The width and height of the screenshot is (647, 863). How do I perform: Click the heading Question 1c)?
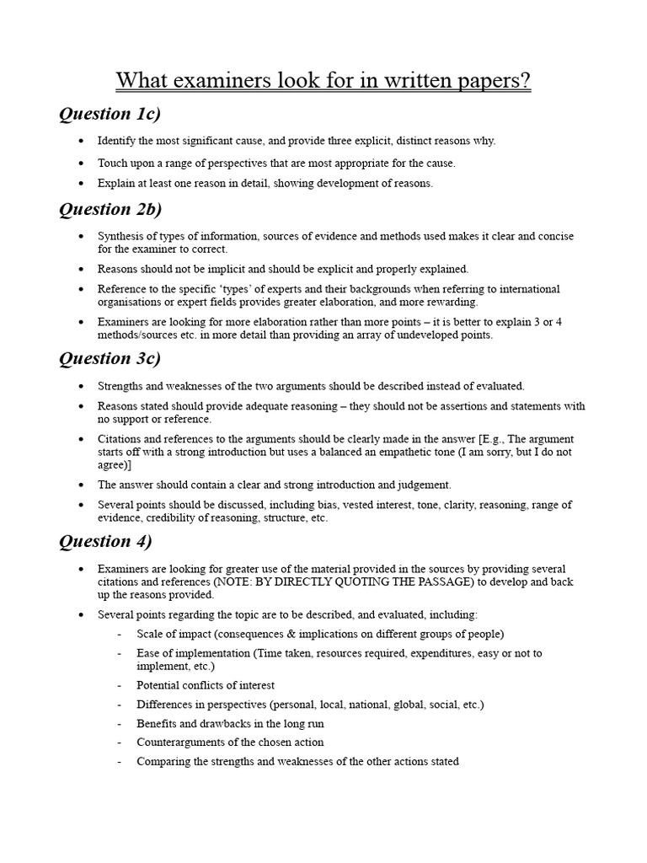pyautogui.click(x=110, y=114)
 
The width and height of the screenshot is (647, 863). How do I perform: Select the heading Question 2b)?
pyautogui.click(x=110, y=209)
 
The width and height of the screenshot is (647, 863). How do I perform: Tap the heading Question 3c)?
pyautogui.click(x=110, y=358)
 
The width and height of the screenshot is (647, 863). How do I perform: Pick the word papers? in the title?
pyautogui.click(x=489, y=81)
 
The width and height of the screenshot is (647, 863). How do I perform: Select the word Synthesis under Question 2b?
pyautogui.click(x=121, y=237)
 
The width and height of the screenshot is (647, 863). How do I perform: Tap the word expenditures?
pyautogui.click(x=417, y=653)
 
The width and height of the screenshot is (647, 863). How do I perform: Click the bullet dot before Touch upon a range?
pyautogui.click(x=80, y=163)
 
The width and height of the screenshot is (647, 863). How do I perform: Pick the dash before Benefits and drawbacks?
pyautogui.click(x=120, y=724)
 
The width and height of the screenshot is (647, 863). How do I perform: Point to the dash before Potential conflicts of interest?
pyautogui.click(x=120, y=685)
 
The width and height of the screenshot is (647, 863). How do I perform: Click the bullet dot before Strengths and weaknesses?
pyautogui.click(x=80, y=386)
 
